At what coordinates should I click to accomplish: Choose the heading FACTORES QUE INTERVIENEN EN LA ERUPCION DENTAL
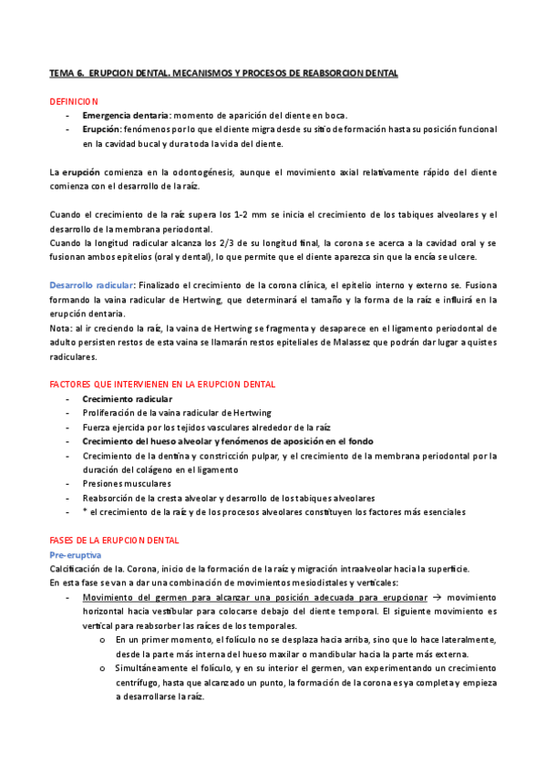tap(162, 385)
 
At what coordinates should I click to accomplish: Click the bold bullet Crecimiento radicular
tap(127, 399)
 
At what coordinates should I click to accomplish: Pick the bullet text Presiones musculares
tap(127, 483)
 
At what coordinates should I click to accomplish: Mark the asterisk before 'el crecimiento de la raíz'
tap(85, 511)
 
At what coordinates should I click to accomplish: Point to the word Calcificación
tap(77, 569)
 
